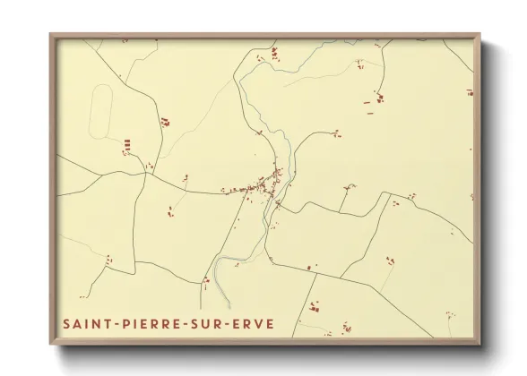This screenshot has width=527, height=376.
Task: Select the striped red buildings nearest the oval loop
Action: coord(126,143)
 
